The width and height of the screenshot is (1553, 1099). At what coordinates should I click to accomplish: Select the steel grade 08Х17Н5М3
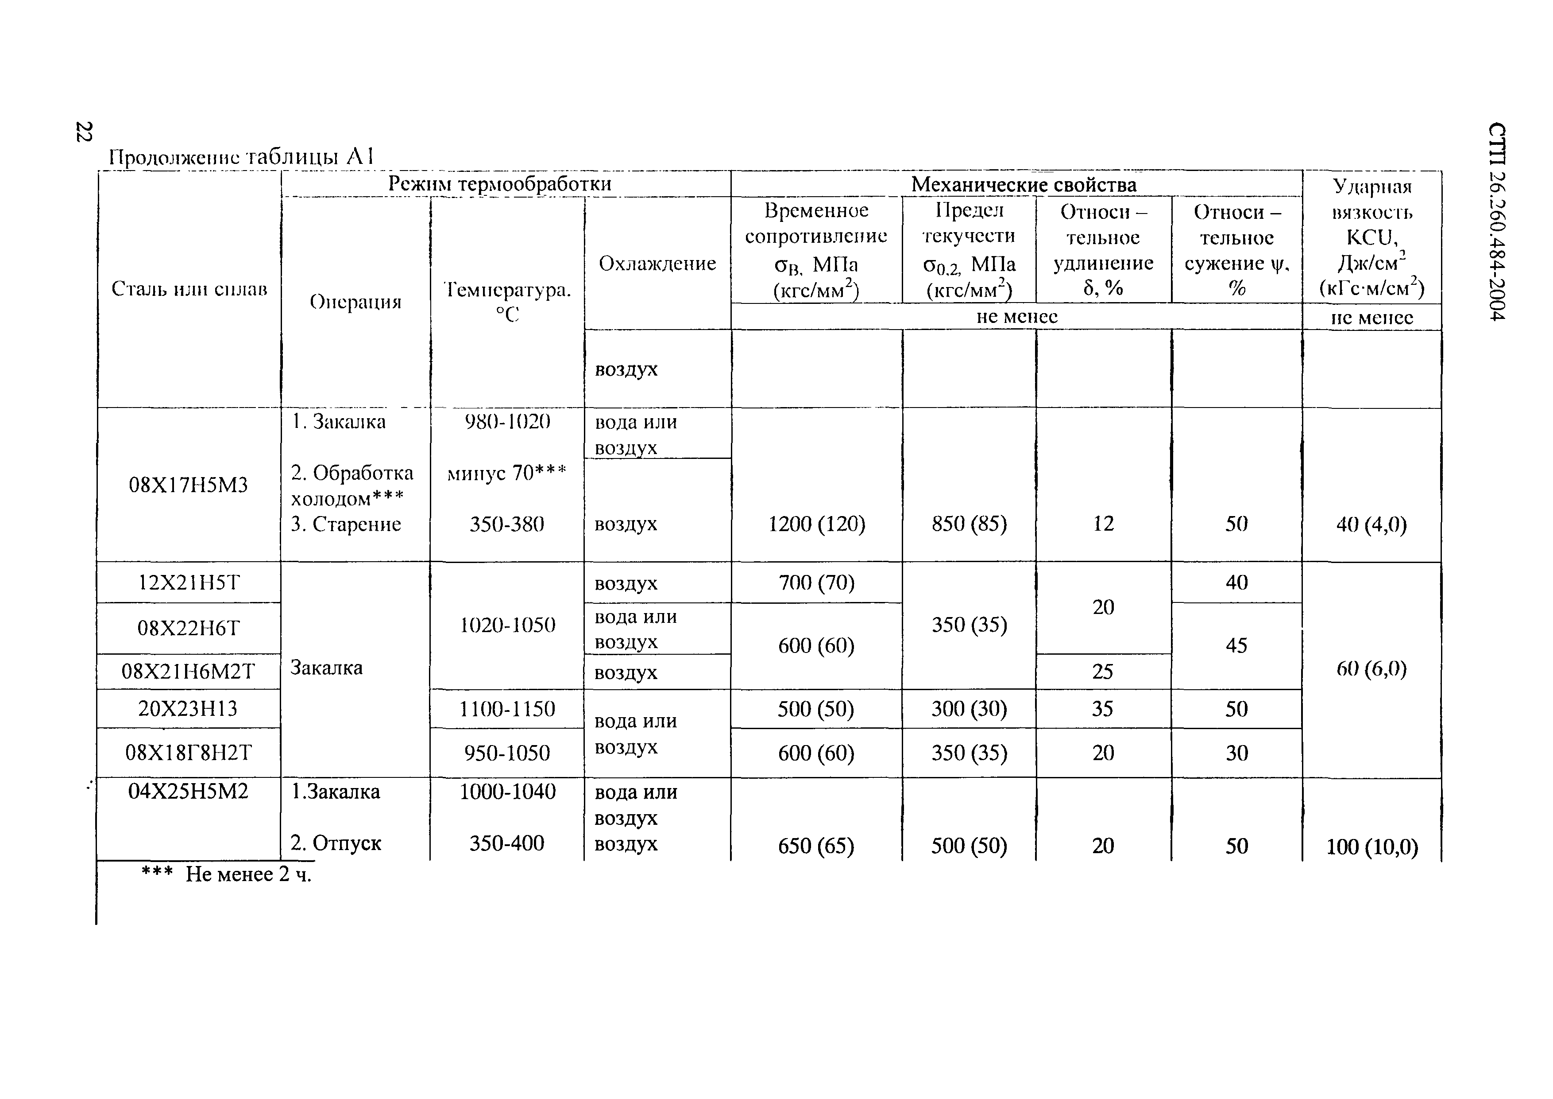(188, 485)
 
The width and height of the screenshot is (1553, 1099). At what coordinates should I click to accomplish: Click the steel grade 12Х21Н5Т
(189, 583)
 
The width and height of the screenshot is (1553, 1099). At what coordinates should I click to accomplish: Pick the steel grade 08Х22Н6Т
(188, 629)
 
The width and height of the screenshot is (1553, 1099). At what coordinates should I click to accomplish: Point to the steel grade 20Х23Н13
(188, 709)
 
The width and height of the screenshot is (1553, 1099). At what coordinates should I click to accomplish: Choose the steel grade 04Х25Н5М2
(188, 791)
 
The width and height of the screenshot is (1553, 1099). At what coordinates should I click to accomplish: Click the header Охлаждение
(657, 263)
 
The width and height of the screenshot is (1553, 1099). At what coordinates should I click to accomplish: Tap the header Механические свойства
(1024, 184)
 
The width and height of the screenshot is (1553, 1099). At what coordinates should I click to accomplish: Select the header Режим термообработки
(499, 184)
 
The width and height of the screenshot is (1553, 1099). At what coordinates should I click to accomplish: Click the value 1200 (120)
(816, 524)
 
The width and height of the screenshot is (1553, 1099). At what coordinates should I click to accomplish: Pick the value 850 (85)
(969, 524)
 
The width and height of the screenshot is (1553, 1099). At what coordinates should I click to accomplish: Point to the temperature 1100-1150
(506, 709)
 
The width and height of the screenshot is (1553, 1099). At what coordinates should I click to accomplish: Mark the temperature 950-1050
(506, 753)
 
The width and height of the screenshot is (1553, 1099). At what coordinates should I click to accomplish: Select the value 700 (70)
(816, 583)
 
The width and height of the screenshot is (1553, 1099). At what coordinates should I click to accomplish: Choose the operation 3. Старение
(346, 524)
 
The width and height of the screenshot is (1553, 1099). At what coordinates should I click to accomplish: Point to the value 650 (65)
(816, 846)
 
